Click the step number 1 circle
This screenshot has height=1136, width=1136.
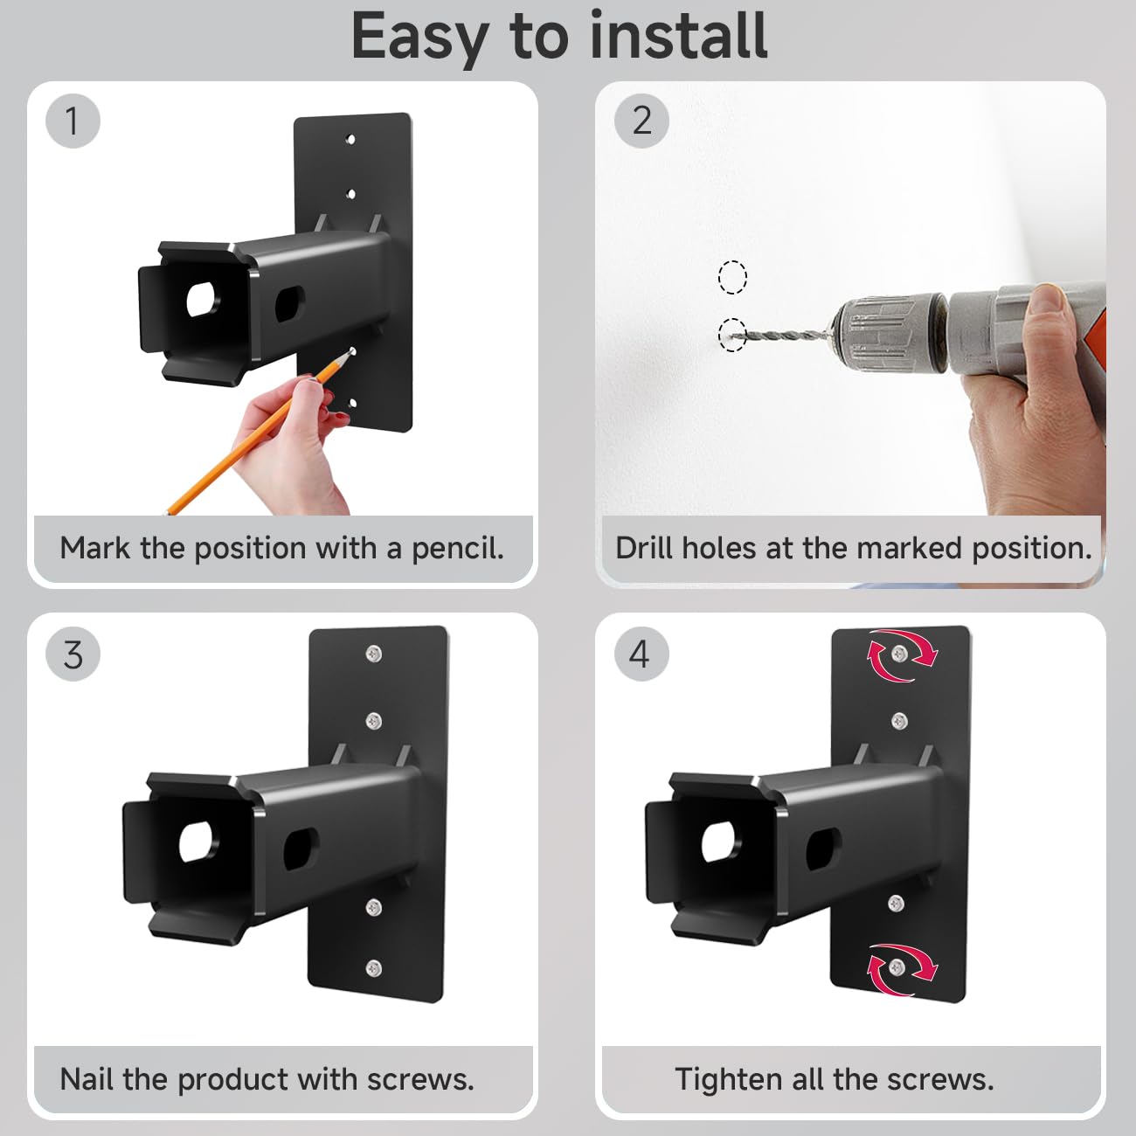[73, 121]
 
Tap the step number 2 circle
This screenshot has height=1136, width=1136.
[641, 121]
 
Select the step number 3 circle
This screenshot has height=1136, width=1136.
[73, 655]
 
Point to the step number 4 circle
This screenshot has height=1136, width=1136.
[641, 655]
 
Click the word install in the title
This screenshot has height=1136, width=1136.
[678, 37]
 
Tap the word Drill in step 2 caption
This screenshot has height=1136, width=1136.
[644, 548]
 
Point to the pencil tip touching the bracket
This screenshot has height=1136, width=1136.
[352, 352]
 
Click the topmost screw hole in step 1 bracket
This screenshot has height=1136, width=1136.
[350, 140]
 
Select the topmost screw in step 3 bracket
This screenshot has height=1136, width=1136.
[373, 653]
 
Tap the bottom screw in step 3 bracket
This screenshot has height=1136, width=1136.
[374, 967]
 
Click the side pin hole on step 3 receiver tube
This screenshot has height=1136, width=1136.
[301, 849]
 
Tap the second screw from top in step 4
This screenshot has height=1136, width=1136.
[899, 720]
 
